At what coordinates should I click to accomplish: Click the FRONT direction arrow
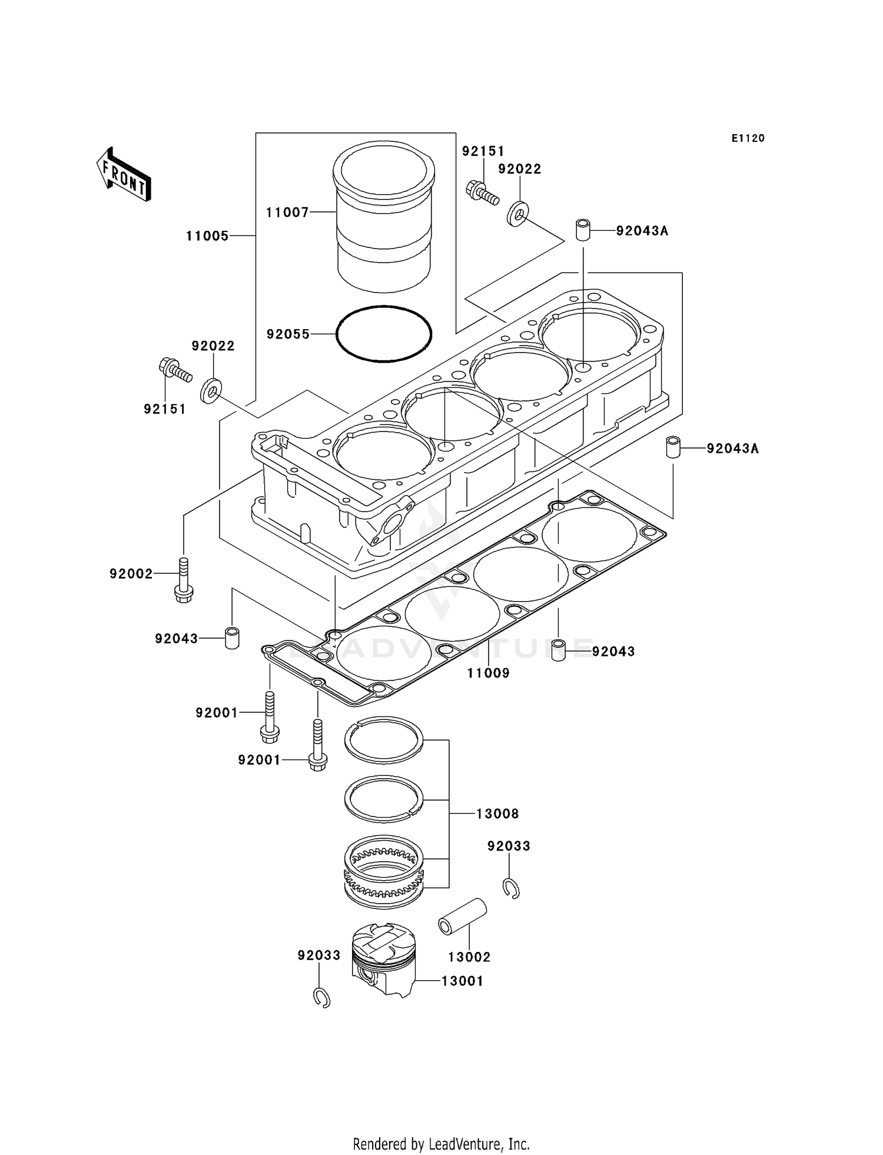pos(124,175)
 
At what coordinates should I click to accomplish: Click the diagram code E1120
pos(748,138)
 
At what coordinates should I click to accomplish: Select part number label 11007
pos(287,213)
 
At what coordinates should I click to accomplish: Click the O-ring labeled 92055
pos(384,334)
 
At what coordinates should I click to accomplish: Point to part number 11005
pos(207,236)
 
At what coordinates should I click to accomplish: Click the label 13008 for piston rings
pos(497,814)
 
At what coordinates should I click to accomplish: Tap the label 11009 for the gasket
pos(488,673)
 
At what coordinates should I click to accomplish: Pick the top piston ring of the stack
pos(384,740)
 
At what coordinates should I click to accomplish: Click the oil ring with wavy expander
pos(384,870)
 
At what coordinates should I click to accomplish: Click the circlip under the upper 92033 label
pos(511,887)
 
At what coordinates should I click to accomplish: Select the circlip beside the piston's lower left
pos(321,997)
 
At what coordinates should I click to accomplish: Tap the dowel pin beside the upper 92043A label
pos(583,230)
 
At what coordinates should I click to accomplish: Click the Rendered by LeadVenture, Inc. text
pos(441,1144)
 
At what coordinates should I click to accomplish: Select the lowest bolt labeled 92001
pos(318,745)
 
